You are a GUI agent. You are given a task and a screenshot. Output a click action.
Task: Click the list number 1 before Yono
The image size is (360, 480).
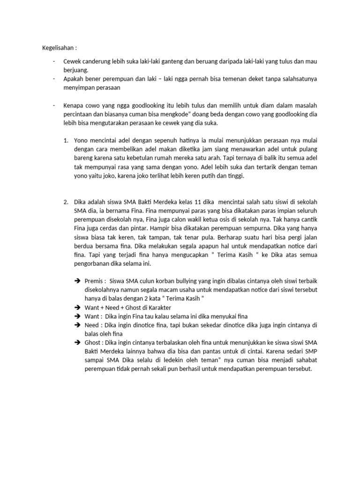[x=66, y=140]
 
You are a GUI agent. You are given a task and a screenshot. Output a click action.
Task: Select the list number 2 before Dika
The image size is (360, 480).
[x=66, y=202]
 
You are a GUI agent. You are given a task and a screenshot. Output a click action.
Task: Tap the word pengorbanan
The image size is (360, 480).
[x=92, y=264]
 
